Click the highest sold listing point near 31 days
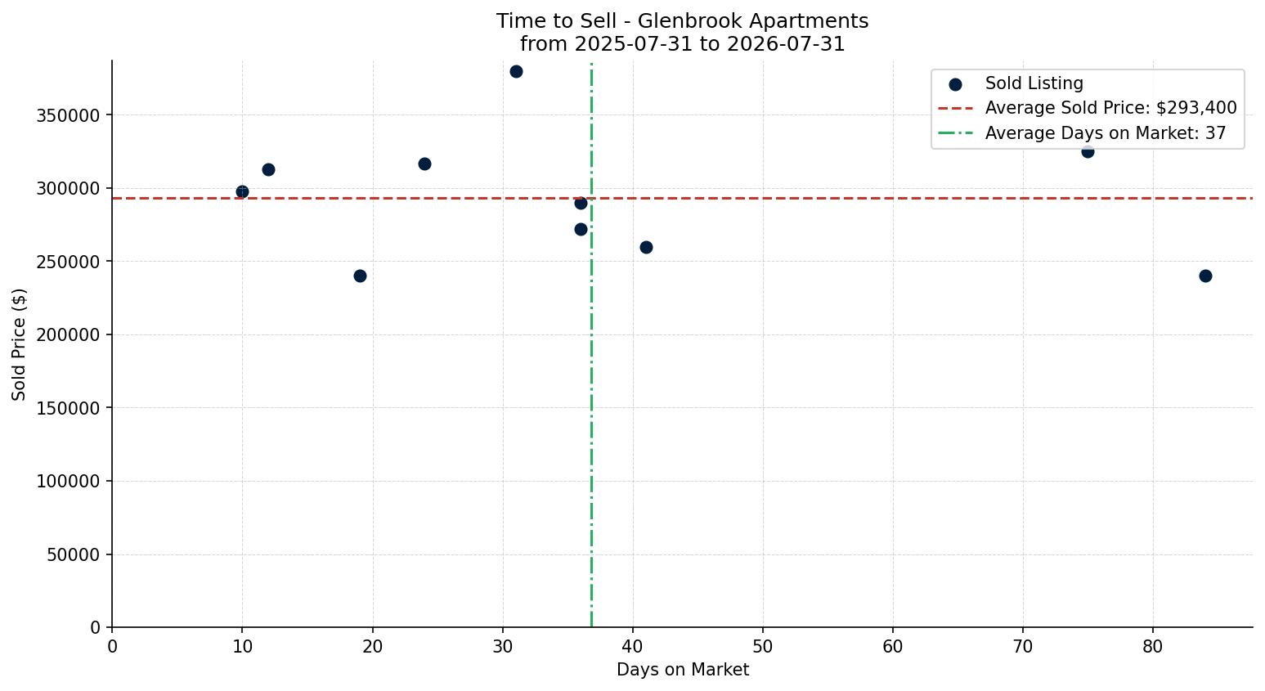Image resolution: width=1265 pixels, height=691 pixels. [516, 72]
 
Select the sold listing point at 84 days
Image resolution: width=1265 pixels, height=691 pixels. [1205, 276]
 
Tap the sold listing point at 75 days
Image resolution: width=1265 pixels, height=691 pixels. [1088, 151]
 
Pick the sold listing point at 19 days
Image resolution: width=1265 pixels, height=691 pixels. [360, 276]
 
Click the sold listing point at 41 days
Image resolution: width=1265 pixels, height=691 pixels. [646, 247]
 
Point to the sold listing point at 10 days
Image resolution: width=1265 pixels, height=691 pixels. [242, 192]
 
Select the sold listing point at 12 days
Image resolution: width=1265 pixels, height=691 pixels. [268, 170]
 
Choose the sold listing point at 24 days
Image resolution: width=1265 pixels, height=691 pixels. [424, 164]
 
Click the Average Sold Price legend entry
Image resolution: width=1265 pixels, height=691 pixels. [1087, 108]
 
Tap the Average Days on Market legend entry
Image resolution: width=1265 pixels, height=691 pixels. [1082, 133]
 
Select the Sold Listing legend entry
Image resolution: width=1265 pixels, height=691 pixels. [1016, 83]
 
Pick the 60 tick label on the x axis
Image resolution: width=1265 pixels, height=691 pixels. [893, 647]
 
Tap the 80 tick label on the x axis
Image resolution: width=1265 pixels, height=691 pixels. [1153, 647]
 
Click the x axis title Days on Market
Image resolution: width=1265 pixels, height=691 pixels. [683, 670]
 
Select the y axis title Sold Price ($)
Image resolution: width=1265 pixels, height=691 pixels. [19, 345]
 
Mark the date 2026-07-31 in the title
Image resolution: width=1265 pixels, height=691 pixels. [786, 44]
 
